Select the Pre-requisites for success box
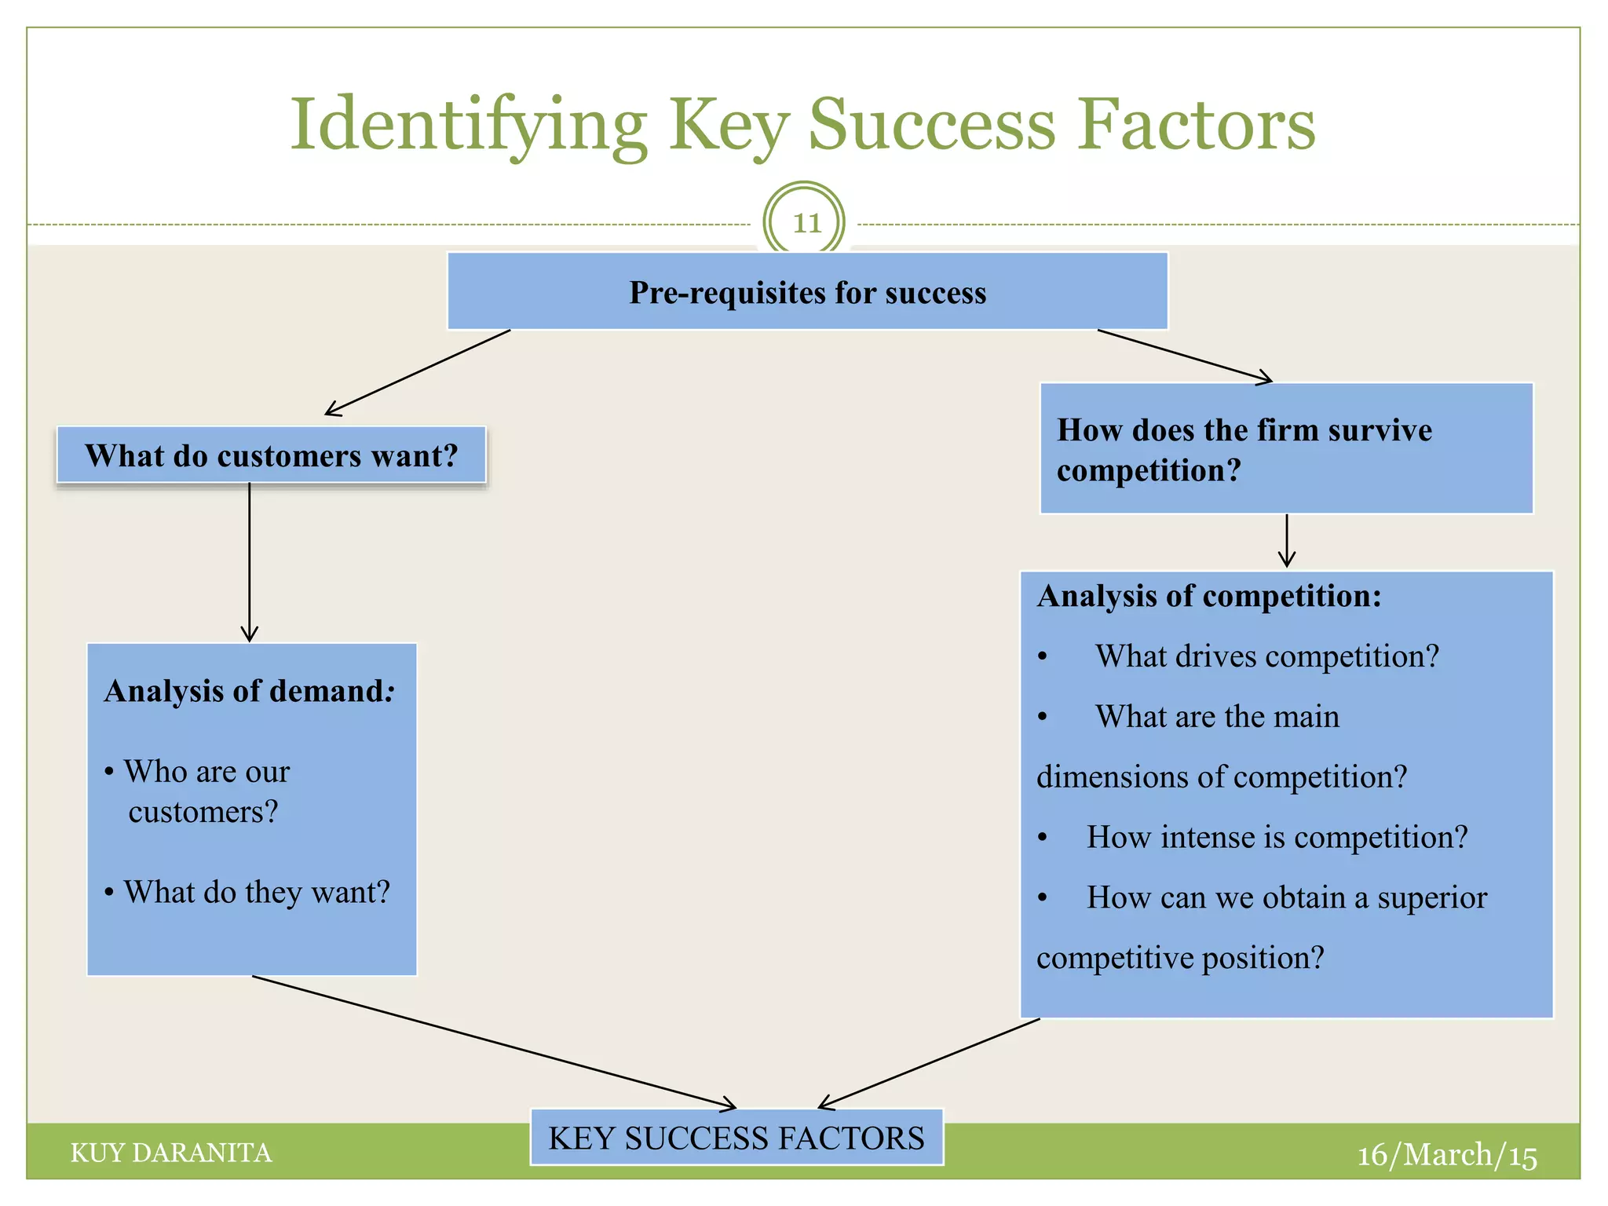coord(807,291)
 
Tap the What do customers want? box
coord(271,455)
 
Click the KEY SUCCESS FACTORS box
coord(736,1138)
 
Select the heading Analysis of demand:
coord(249,691)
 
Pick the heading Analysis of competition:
coord(1208,596)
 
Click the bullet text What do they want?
coord(257,892)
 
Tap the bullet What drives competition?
coord(1266,656)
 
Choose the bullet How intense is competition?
coord(1277,837)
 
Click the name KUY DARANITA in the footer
coord(171,1153)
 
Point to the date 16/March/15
coord(1446,1155)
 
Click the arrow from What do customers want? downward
coord(250,561)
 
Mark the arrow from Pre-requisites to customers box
coord(418,372)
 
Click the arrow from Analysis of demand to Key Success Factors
coord(495,1043)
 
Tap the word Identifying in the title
coord(469,126)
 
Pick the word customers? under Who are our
coord(203,812)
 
